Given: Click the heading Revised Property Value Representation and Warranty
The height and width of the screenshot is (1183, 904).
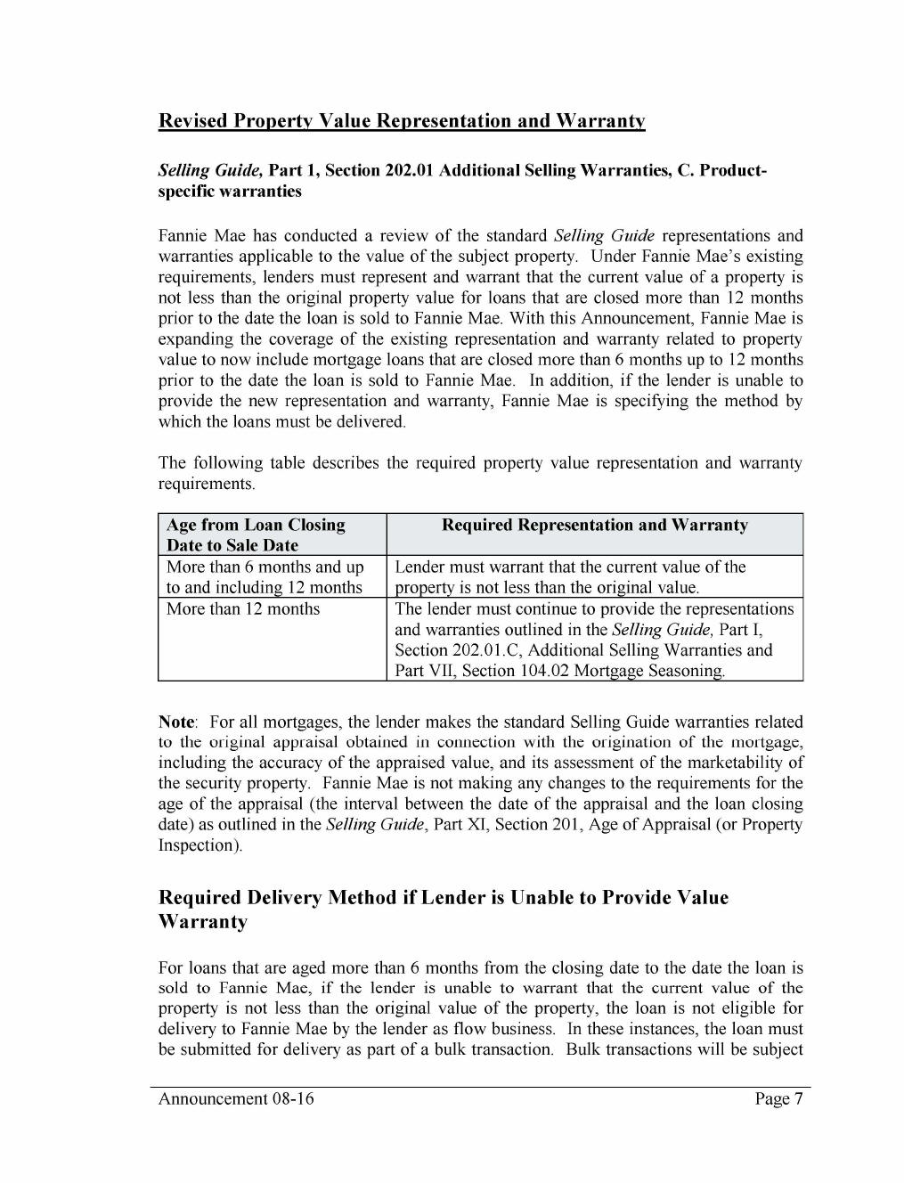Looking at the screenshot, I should click(401, 120).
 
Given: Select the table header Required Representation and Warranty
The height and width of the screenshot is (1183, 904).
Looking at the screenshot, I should click(594, 525).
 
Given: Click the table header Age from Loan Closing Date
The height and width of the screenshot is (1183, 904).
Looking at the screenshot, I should click(255, 534).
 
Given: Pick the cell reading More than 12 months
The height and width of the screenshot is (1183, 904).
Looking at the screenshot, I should click(242, 609).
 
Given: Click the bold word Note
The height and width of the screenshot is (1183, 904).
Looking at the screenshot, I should click(176, 722).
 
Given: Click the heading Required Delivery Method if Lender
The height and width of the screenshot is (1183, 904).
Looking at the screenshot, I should click(443, 909).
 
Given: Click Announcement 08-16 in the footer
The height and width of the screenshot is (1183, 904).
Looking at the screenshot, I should click(236, 1099).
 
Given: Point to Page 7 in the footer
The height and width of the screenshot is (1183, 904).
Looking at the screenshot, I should click(778, 1099).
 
